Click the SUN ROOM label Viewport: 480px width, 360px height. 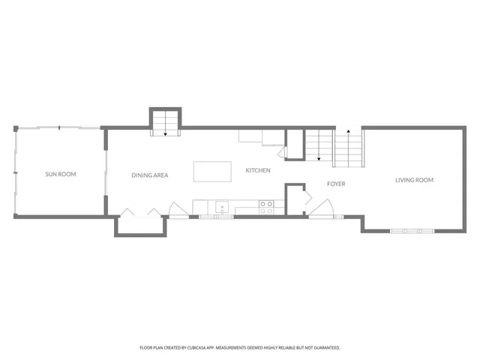tap(61, 174)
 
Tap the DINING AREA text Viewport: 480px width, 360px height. tap(150, 175)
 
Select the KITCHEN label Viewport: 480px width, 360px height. tap(258, 170)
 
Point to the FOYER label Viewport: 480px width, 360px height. tap(335, 183)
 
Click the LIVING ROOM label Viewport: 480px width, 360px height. tap(415, 180)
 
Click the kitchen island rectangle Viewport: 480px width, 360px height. tap(212, 171)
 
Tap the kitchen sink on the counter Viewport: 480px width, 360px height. tap(222, 206)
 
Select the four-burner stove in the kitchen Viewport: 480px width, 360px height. tap(266, 206)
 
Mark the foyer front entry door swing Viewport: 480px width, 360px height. tap(322, 208)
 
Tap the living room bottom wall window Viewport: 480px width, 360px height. tap(412, 230)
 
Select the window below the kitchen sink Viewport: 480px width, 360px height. tap(223, 217)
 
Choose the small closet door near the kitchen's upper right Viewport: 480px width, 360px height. tap(281, 152)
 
